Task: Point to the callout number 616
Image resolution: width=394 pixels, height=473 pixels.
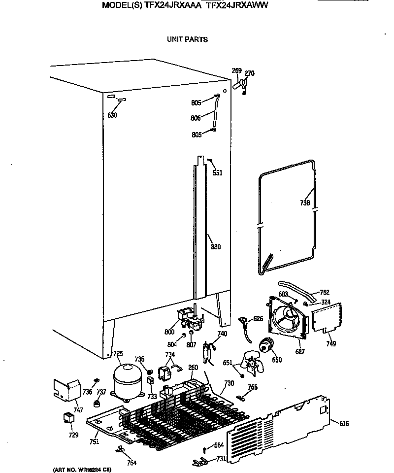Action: coord(344,423)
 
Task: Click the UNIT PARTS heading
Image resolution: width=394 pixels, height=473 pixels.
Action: coord(187,39)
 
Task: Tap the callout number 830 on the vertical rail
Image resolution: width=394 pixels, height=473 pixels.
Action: coord(216,247)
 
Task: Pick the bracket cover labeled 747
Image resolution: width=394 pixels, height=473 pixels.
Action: coord(67,389)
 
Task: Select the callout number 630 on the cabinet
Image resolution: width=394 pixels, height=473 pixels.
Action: coord(112,115)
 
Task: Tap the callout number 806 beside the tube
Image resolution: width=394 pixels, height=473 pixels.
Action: coord(196,118)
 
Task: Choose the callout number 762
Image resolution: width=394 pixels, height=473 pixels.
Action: coord(325,292)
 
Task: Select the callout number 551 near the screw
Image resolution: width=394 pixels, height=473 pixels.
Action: coord(217,172)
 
